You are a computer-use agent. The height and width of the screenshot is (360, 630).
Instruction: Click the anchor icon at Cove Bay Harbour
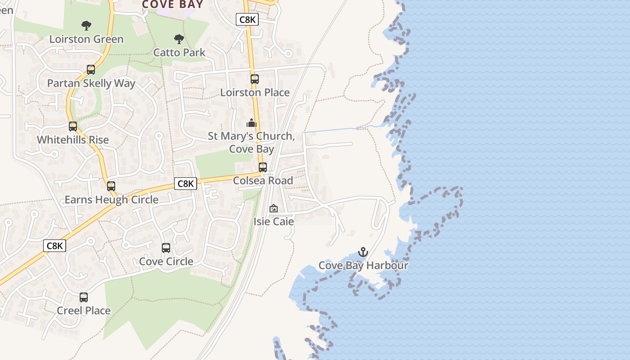363,252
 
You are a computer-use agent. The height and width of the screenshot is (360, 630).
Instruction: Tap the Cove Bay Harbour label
363,265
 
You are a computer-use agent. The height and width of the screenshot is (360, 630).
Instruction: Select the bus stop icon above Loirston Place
255,79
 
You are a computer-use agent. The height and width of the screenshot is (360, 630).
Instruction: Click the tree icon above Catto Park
179,39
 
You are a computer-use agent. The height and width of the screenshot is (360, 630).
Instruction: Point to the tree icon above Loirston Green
86,26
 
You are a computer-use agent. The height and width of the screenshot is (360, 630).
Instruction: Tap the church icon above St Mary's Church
251,123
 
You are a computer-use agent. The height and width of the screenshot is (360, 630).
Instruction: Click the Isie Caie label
274,221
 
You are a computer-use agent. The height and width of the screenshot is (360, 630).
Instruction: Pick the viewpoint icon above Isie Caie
273,208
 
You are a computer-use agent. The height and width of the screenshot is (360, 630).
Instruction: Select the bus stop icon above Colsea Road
263,167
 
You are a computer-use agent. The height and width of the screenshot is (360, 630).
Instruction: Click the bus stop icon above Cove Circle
166,248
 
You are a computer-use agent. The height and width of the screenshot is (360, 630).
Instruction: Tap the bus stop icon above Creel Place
84,297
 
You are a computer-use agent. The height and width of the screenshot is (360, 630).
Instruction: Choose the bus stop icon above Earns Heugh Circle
111,186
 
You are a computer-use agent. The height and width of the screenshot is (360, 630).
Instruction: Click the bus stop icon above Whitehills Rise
73,126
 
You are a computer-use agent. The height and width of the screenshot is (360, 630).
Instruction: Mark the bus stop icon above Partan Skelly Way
91,70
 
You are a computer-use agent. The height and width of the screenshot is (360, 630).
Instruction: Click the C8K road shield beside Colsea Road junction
185,184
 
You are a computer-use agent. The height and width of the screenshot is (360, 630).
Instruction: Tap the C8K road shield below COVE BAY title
247,19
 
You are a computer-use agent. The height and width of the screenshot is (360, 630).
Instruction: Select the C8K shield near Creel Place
55,246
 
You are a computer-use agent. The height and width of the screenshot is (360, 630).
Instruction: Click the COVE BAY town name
172,4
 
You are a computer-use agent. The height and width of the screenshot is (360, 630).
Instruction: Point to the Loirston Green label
86,39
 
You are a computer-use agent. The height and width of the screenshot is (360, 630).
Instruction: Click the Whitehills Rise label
73,140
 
